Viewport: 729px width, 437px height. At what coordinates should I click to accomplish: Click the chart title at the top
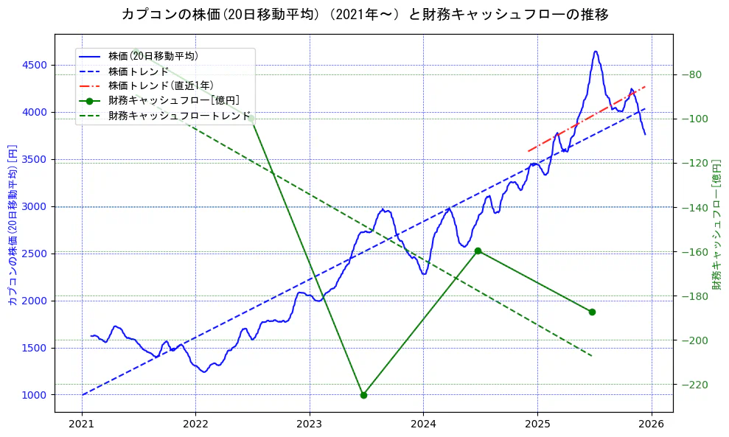(365, 15)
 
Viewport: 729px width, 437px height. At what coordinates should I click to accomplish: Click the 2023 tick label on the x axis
(309, 424)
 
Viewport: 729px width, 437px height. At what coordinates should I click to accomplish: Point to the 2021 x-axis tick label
(82, 424)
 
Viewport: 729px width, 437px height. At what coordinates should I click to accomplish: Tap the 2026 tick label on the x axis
(651, 424)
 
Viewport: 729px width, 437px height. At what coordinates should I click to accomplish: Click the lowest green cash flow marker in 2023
(363, 395)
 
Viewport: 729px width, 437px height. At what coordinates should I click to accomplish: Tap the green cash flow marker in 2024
(478, 251)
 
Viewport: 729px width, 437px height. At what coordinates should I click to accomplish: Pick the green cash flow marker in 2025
(592, 312)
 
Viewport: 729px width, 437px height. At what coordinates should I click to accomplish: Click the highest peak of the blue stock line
(595, 52)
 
